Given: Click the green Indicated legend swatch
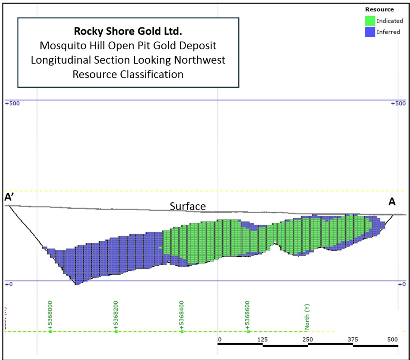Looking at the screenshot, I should pyautogui.click(x=370, y=21).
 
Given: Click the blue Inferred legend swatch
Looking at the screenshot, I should pyautogui.click(x=370, y=32).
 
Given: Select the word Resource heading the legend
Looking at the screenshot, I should pyautogui.click(x=380, y=9).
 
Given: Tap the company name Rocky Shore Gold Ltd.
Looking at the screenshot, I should pyautogui.click(x=128, y=30).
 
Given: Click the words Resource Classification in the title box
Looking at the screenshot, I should pyautogui.click(x=128, y=74).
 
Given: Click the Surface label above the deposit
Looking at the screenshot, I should pyautogui.click(x=188, y=206).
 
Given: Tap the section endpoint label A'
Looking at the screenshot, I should pyautogui.click(x=9, y=198).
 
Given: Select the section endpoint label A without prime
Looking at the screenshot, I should pyautogui.click(x=392, y=202).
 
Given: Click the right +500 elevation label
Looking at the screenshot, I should pyautogui.click(x=398, y=104).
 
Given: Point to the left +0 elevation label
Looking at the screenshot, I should pyautogui.click(x=9, y=284).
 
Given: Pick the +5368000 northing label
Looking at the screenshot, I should pyautogui.click(x=49, y=316).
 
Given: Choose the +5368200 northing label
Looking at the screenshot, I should pyautogui.click(x=115, y=316).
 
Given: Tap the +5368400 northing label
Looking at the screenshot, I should pyautogui.click(x=182, y=316).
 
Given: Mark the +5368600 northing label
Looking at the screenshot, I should pyautogui.click(x=248, y=316).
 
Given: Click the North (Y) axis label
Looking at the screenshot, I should pyautogui.click(x=307, y=317).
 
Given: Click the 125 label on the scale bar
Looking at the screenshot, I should pyautogui.click(x=262, y=340).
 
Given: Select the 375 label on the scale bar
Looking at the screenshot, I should pyautogui.click(x=352, y=340).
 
